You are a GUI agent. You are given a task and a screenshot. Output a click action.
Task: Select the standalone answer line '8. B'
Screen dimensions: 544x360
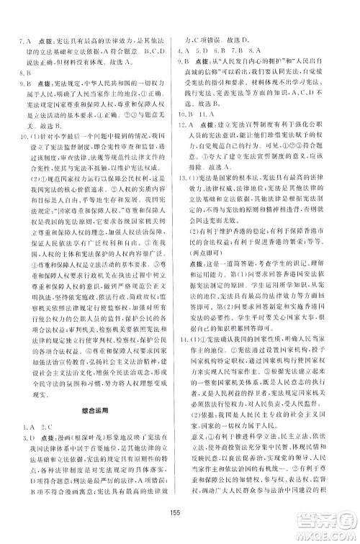[x=24, y=73]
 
